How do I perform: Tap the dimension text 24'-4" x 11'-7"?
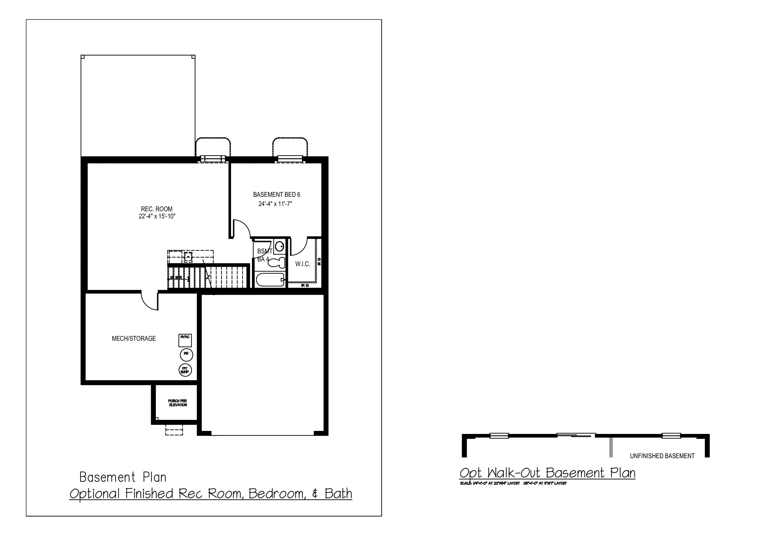click(275, 204)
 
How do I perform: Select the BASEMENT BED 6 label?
click(276, 195)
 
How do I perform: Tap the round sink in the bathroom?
click(280, 246)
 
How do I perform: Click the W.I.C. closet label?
click(303, 264)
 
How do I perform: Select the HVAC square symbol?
click(185, 340)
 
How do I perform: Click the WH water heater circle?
click(186, 355)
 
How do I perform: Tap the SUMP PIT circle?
click(185, 370)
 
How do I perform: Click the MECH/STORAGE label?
click(134, 339)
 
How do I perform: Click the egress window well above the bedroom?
click(290, 147)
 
